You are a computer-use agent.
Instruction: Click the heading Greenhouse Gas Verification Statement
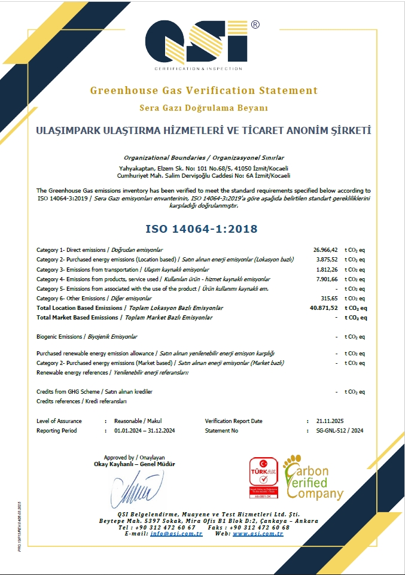coord(203,91)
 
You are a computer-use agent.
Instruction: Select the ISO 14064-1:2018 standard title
coord(202,229)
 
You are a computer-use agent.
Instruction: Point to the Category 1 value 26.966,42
coord(325,250)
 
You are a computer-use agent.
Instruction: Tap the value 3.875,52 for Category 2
coord(327,260)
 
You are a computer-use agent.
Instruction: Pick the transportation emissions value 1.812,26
coord(327,269)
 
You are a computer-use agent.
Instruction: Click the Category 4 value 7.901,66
coord(327,279)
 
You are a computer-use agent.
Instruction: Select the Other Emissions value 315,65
coord(330,298)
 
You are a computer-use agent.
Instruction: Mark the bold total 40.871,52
coord(324,308)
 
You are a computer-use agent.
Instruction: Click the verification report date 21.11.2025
coord(329,421)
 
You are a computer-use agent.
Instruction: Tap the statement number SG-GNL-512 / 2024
coord(339,430)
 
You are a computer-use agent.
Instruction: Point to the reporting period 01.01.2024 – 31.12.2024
coord(144,430)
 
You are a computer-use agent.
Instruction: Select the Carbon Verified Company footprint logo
coord(313,477)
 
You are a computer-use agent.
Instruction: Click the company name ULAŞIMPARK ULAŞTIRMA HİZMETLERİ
coord(203,130)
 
